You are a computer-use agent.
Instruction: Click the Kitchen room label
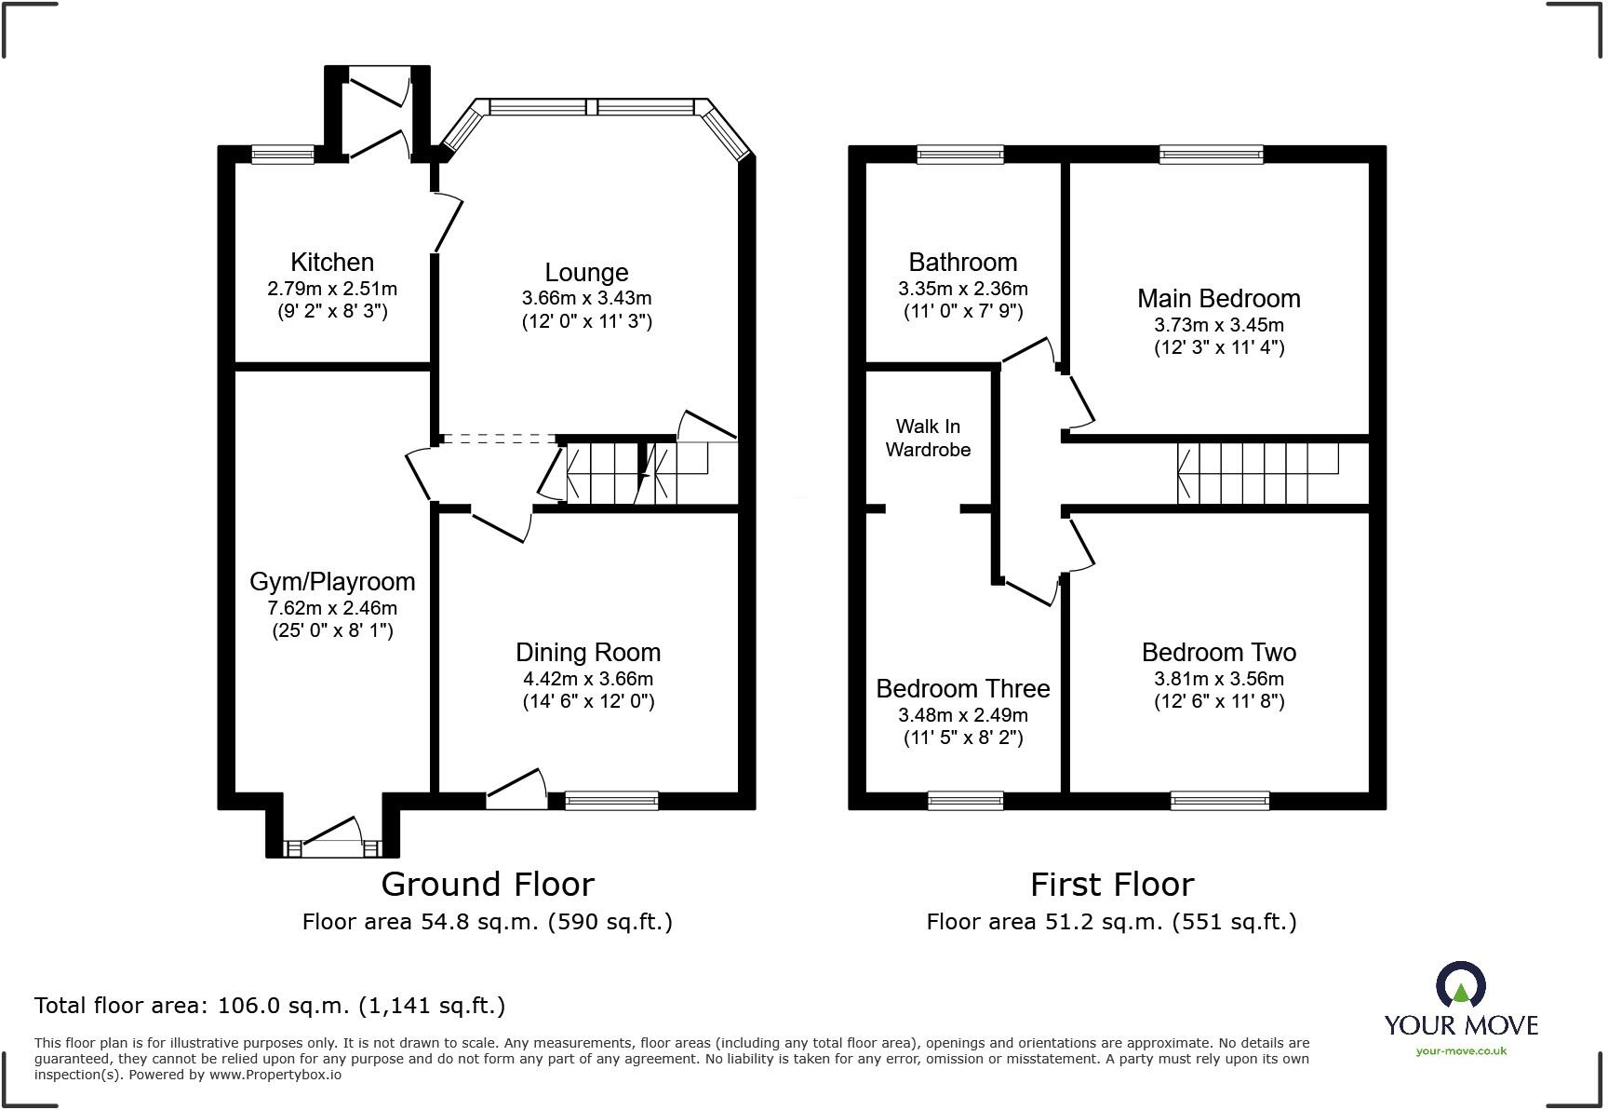(332, 263)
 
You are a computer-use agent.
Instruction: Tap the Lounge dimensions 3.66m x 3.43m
(586, 299)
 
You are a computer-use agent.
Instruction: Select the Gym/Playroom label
(332, 582)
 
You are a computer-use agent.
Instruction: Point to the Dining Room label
(588, 653)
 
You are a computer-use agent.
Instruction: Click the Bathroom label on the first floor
(963, 263)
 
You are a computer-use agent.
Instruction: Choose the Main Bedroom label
(1219, 299)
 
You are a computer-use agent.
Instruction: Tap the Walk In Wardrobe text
(928, 438)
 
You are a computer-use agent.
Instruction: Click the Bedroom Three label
(963, 689)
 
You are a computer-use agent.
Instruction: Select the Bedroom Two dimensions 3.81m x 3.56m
(1219, 679)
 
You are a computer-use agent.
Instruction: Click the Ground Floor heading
(488, 885)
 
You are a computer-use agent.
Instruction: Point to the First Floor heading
(1112, 885)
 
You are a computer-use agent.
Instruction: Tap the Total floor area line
(270, 1006)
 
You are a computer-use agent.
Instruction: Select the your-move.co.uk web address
(1461, 1051)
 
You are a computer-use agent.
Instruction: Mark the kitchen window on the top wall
(284, 155)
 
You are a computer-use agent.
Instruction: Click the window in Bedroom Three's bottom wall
(966, 801)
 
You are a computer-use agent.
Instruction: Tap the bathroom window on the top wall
(960, 155)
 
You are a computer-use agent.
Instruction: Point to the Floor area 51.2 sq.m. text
(1111, 922)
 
